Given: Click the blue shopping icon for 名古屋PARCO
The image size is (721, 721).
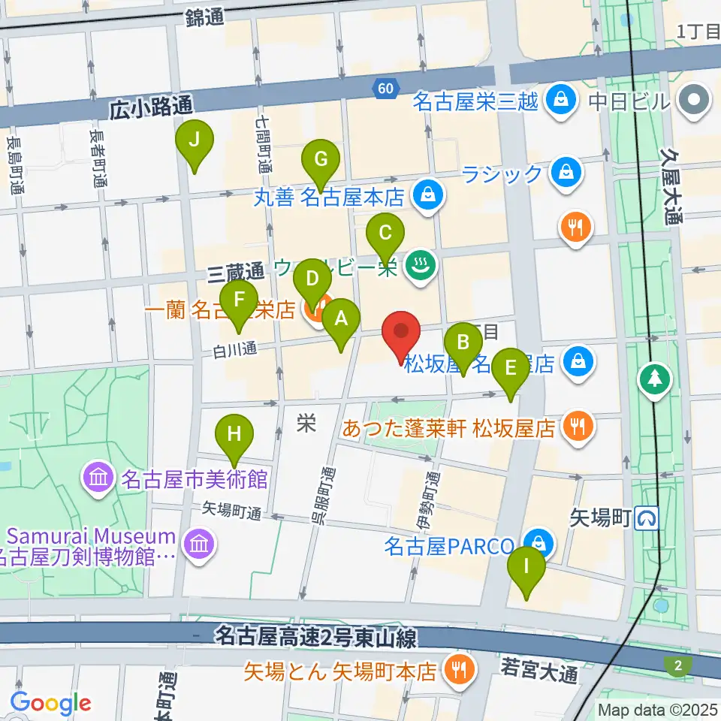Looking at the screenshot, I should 539,543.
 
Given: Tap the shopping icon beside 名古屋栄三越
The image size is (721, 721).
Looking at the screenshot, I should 560,98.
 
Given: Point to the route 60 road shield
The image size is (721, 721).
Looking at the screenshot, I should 385,89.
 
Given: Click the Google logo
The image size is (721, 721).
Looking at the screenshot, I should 51,703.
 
